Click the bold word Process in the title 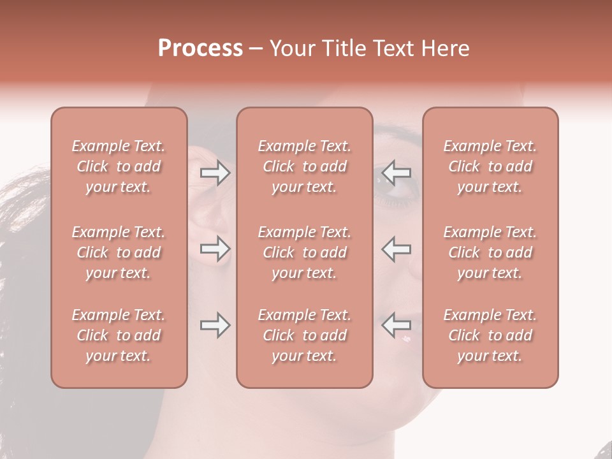point(200,48)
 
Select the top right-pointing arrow point(215,173)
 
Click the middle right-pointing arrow point(215,249)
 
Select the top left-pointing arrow point(396,173)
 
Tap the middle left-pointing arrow point(396,249)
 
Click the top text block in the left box point(119,166)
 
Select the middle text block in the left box point(119,252)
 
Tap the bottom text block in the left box point(119,335)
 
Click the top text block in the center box point(304,166)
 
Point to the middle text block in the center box point(304,252)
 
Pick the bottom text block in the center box point(304,335)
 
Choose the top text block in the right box point(490,166)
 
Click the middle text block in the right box point(490,252)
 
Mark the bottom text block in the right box point(490,335)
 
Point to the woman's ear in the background point(210,210)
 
